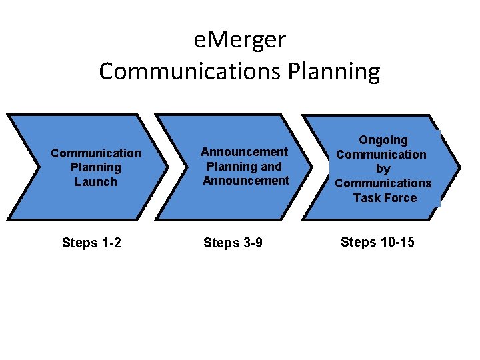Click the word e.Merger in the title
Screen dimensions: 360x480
click(240, 41)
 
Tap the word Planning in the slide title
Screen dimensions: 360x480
click(335, 71)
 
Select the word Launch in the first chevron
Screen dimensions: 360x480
click(96, 182)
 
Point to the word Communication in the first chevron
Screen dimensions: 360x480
click(96, 153)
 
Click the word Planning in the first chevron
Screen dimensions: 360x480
click(96, 167)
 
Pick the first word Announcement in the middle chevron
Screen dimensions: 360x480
click(245, 152)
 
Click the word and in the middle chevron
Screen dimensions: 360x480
click(271, 167)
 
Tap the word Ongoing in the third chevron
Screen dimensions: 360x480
click(383, 140)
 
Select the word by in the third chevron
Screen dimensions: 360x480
click(383, 169)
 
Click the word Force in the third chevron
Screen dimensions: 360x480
click(400, 198)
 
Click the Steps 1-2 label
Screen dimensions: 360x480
click(91, 243)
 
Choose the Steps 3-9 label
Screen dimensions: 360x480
click(233, 243)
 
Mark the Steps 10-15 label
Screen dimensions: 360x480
click(377, 242)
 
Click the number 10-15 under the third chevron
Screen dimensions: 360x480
click(396, 242)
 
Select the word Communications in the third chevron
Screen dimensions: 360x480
click(383, 183)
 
